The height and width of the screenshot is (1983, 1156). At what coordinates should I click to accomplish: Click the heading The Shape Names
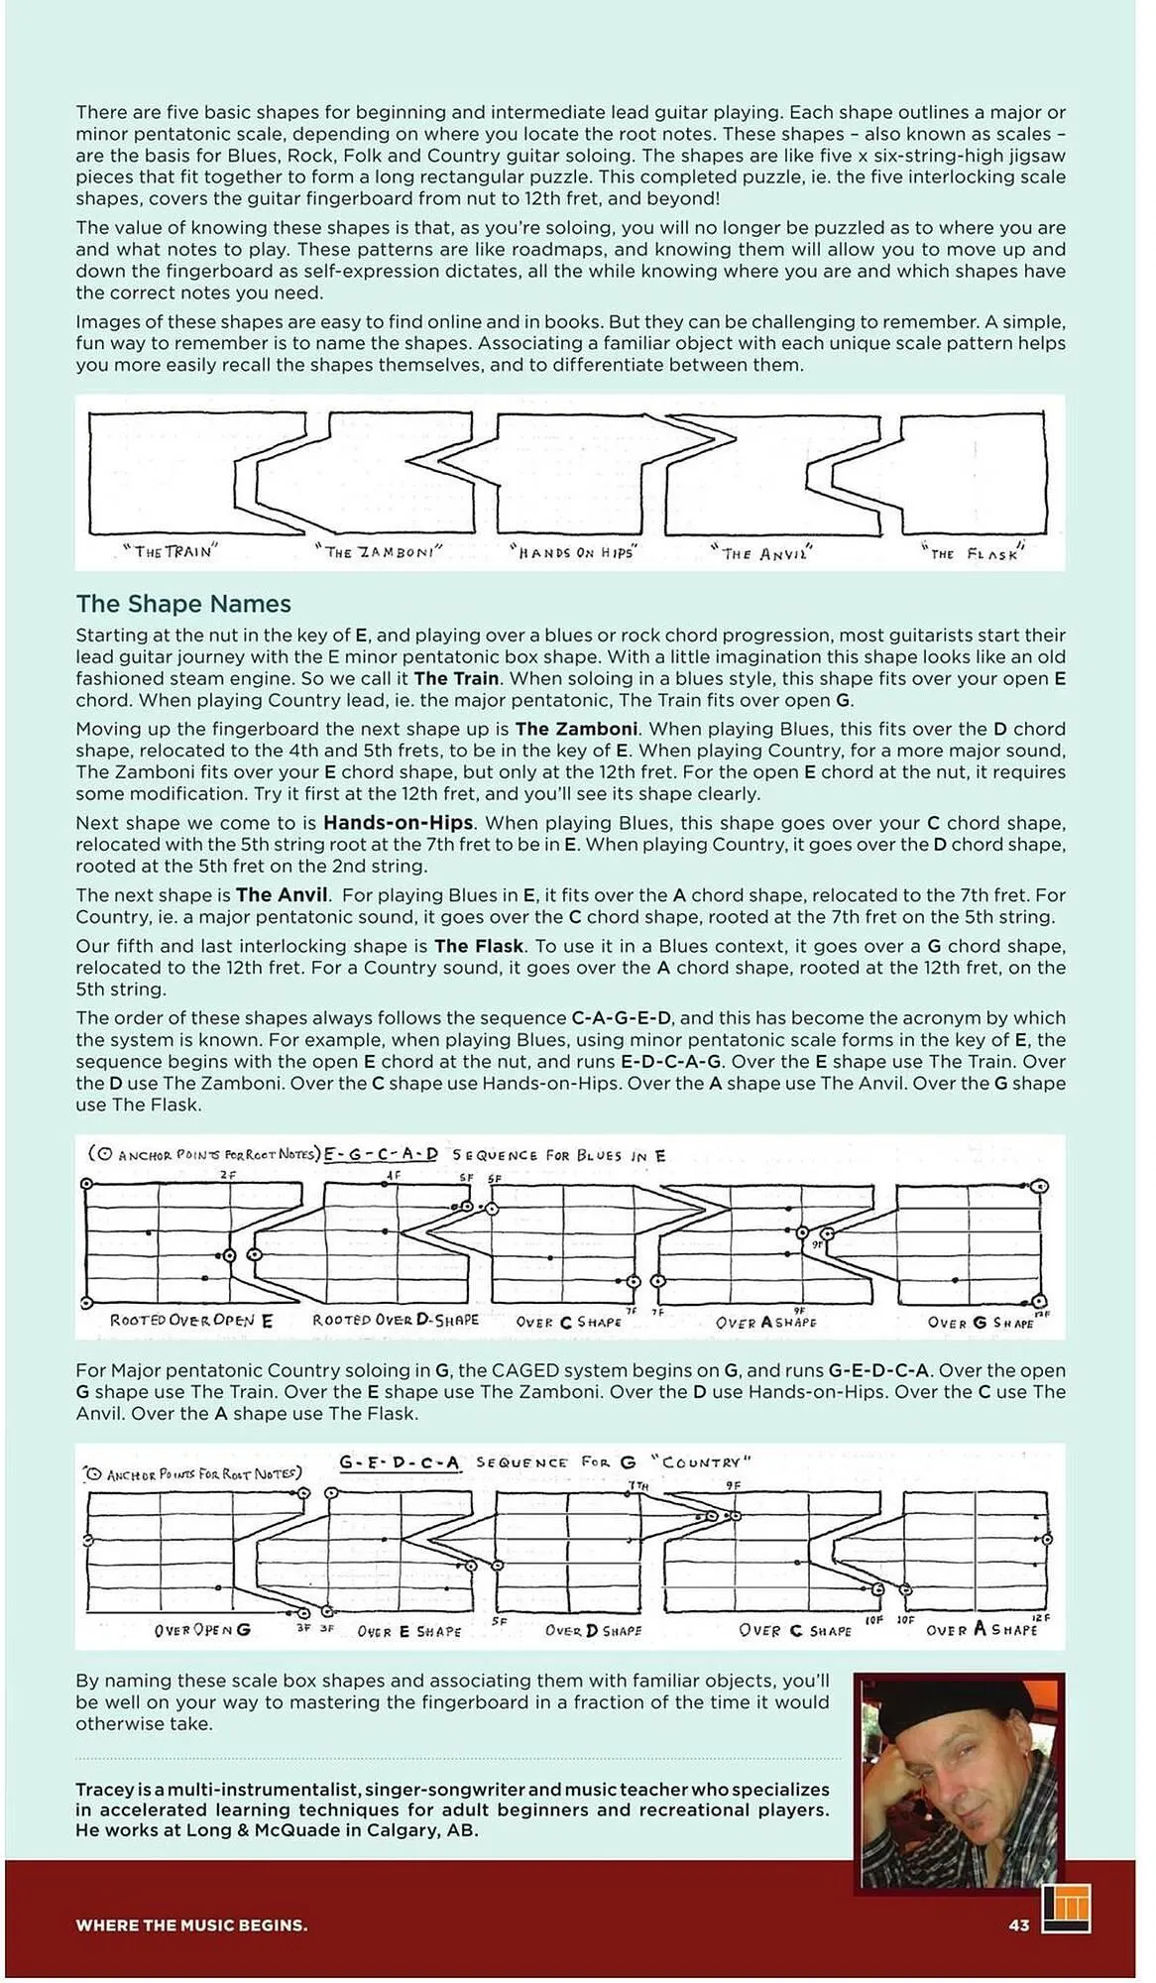(x=183, y=604)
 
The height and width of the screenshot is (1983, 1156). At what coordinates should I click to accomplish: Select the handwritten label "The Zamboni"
(x=379, y=551)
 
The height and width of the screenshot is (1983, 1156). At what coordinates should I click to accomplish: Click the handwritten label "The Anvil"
(x=762, y=553)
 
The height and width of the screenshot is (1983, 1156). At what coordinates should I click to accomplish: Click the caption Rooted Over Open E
(x=190, y=1321)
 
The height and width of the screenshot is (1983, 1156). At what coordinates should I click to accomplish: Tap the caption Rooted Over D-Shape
(x=395, y=1321)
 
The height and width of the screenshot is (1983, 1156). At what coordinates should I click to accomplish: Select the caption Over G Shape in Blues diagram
(x=982, y=1323)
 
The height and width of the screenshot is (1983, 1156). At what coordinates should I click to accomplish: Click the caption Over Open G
(x=202, y=1630)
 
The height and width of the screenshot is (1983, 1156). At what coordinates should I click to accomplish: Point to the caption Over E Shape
(x=408, y=1631)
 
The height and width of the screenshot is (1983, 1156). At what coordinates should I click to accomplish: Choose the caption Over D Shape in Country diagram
(x=593, y=1631)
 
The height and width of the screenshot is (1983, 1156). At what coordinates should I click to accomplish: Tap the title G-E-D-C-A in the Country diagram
(x=399, y=1462)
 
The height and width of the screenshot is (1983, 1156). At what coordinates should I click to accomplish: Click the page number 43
(x=1018, y=1925)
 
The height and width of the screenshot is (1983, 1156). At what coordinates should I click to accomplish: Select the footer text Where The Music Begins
(x=191, y=1925)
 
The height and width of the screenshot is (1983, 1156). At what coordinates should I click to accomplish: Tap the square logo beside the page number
(x=1066, y=1908)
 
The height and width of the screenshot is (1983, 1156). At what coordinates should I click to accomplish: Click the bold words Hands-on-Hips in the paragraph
(x=398, y=823)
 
